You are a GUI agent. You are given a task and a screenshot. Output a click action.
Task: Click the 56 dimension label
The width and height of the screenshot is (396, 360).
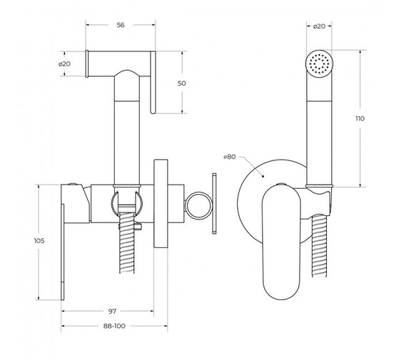pyautogui.click(x=121, y=25)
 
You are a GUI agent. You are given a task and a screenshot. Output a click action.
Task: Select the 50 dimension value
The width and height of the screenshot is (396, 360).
pyautogui.click(x=181, y=83)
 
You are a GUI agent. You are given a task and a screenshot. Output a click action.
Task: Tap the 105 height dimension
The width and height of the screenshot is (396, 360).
pyautogui.click(x=39, y=241)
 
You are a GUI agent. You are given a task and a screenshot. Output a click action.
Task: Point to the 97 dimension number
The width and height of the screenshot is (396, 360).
pyautogui.click(x=113, y=311)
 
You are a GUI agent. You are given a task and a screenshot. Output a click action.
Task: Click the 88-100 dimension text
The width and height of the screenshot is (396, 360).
pyautogui.click(x=114, y=326)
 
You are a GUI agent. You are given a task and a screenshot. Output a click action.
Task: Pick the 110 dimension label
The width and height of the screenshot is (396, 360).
pyautogui.click(x=360, y=118)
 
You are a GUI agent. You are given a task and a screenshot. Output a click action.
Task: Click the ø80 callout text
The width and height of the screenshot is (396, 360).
pyautogui.click(x=230, y=157)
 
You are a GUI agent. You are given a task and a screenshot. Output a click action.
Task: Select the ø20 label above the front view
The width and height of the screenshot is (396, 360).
pyautogui.click(x=319, y=26)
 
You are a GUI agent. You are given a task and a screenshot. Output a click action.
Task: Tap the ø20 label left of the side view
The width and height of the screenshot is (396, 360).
pyautogui.click(x=64, y=64)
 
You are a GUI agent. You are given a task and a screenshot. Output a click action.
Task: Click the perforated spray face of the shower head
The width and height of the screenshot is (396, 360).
pyautogui.click(x=319, y=63)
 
